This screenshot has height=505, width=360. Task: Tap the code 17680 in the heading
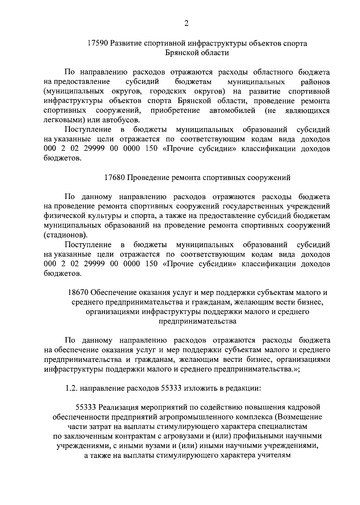point(115,178)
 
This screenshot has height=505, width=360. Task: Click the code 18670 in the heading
point(78,293)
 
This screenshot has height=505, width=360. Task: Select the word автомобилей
point(232,111)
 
